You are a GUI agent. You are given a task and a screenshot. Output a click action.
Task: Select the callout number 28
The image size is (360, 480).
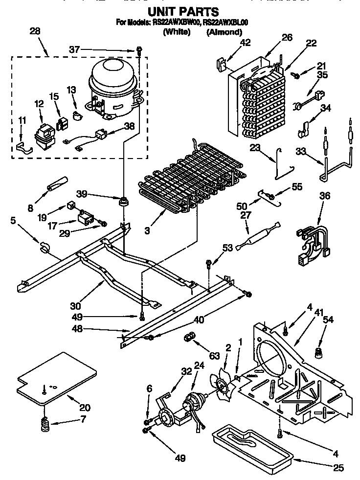click(x=35, y=31)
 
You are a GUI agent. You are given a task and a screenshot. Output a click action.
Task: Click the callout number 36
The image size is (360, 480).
click(x=324, y=196)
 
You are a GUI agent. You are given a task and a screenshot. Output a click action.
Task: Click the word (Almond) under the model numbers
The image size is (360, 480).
click(x=224, y=32)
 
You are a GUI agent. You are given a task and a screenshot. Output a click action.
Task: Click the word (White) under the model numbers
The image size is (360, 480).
click(x=177, y=32)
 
